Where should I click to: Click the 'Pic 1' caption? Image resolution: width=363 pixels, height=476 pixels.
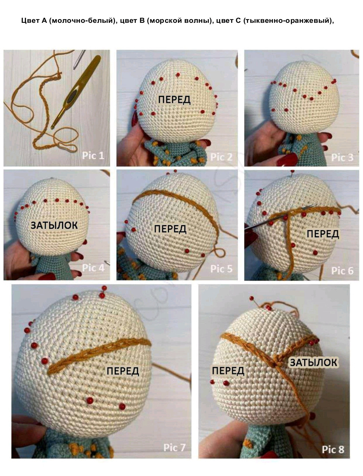93,156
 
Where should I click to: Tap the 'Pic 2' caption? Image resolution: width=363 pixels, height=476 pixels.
221,157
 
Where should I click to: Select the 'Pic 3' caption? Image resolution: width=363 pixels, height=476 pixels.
342,157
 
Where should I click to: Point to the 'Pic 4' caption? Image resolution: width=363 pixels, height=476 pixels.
93,268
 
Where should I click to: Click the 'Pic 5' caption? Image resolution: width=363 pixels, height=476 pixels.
221,269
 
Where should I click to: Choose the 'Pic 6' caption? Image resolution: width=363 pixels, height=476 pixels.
342,271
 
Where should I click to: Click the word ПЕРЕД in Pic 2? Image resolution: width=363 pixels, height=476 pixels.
174,100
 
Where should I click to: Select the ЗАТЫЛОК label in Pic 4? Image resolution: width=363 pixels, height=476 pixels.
54,225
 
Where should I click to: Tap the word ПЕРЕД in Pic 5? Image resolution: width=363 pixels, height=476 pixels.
170,229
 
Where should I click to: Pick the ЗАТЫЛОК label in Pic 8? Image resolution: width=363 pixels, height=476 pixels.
314,363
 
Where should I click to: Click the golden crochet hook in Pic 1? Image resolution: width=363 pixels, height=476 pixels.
76,92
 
